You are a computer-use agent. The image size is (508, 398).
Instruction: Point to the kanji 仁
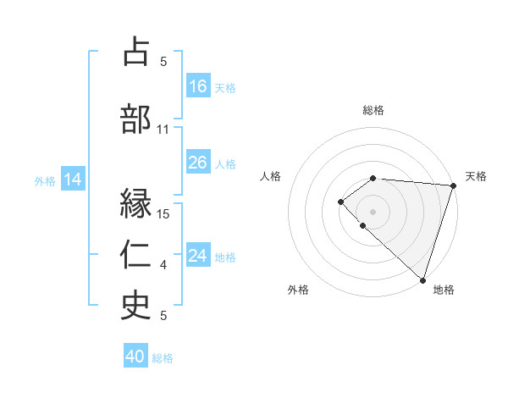[136, 254]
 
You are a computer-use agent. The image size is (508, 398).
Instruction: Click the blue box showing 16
[198, 86]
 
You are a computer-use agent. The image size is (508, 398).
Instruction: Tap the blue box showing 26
[198, 163]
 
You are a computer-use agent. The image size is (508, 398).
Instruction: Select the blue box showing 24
[198, 256]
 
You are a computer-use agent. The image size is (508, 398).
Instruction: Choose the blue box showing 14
[72, 180]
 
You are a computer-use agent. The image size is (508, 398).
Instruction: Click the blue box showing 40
[135, 357]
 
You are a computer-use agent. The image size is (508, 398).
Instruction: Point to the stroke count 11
[163, 130]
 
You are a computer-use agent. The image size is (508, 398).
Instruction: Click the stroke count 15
[164, 213]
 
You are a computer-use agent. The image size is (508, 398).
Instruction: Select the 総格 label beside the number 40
[163, 358]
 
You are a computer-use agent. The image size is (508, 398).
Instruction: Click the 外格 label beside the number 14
[45, 180]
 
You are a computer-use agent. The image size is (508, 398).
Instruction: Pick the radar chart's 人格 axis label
[271, 176]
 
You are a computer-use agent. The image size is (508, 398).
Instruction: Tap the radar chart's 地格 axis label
[444, 290]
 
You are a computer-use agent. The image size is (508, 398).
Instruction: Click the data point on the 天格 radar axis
[453, 185]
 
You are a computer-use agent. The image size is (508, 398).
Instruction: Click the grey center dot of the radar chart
[373, 211]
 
